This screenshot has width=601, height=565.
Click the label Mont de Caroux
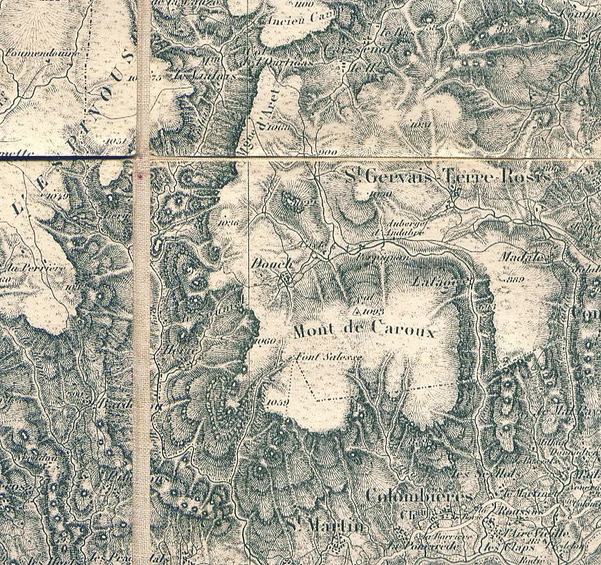(x=364, y=331)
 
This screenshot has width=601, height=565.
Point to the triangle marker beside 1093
(x=358, y=312)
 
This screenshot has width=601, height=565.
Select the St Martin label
(x=324, y=527)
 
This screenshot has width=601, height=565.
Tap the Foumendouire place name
(x=42, y=53)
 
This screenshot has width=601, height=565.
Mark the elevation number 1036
(x=226, y=223)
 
